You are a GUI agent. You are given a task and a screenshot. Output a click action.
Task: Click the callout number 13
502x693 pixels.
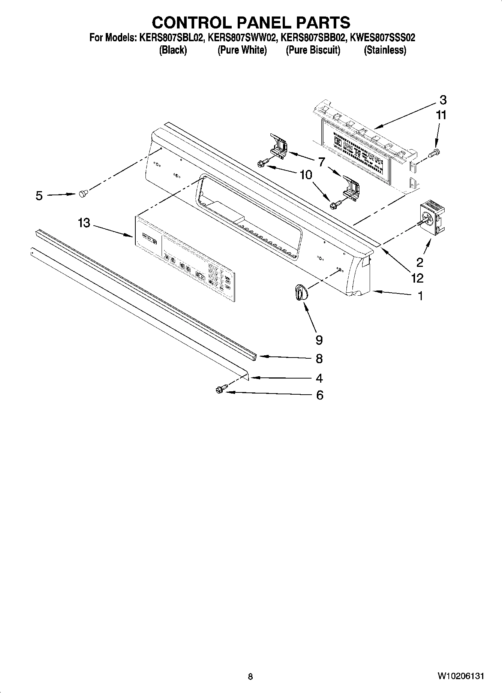pyautogui.click(x=84, y=223)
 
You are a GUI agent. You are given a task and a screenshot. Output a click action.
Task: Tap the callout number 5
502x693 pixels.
pyautogui.click(x=39, y=195)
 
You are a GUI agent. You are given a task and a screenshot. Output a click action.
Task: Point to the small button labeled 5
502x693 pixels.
pyautogui.click(x=83, y=193)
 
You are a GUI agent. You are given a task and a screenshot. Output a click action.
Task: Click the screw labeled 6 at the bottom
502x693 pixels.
pyautogui.click(x=219, y=390)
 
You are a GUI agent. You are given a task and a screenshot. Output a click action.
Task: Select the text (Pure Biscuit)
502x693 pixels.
pyautogui.click(x=313, y=50)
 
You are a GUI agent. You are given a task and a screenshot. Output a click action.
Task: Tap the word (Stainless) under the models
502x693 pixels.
pyautogui.click(x=385, y=50)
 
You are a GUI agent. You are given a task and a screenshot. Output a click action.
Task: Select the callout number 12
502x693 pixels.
pyautogui.click(x=417, y=278)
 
